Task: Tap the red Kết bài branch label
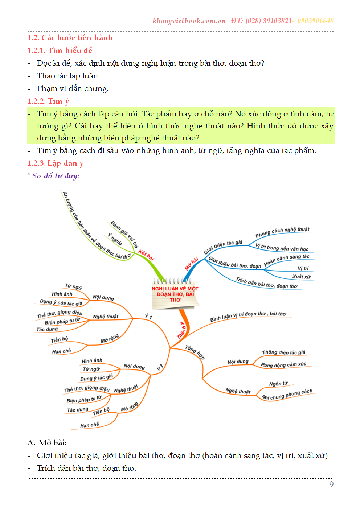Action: pos(146,255)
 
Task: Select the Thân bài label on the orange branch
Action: pos(181,330)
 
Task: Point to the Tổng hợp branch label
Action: pos(195,352)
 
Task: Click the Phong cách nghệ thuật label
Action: pos(282,232)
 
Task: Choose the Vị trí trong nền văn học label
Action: pos(282,248)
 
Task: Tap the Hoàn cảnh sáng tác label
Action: pos(286,260)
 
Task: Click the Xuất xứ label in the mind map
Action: pos(301,277)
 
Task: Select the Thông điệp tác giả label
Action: pos(283,352)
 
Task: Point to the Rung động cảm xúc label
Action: pos(283,365)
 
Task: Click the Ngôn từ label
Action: pos(278,384)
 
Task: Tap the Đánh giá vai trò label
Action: pos(124,234)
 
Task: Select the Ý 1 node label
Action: pos(148,317)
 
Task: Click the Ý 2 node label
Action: pos(160,367)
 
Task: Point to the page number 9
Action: pos(331,484)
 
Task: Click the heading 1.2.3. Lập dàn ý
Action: pos(56,163)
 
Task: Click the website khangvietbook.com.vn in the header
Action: pos(189,21)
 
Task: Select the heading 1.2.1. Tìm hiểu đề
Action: pos(60,50)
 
